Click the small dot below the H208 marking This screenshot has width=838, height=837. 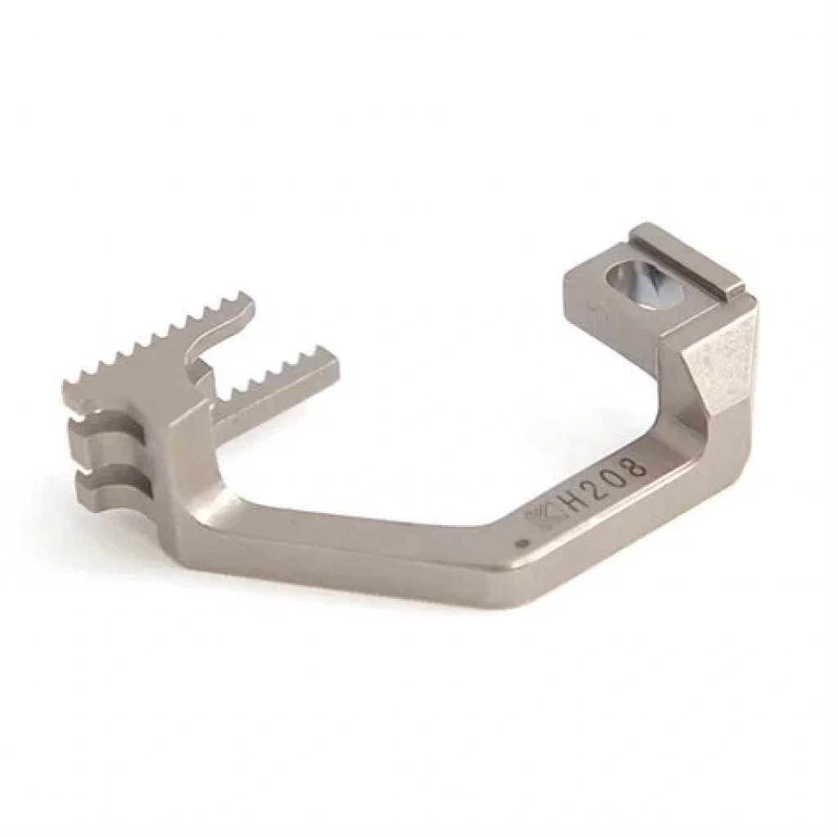tap(524, 544)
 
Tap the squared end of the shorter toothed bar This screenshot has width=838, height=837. tap(329, 370)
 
